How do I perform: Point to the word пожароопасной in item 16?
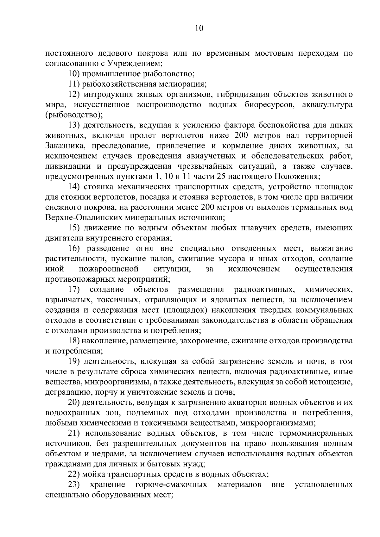click(109, 269)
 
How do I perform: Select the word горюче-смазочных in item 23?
click(171, 484)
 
